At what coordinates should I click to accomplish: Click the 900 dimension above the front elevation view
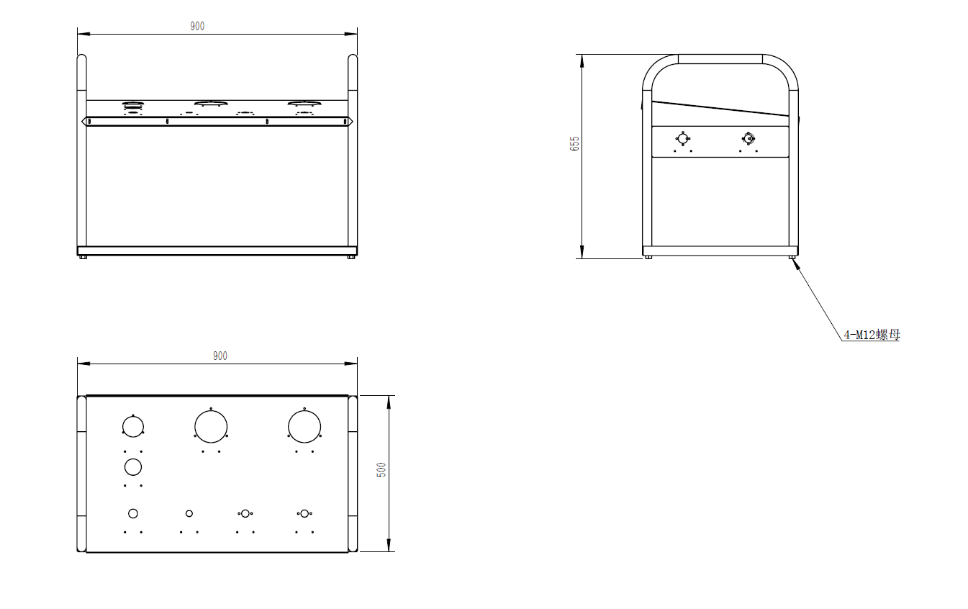click(197, 26)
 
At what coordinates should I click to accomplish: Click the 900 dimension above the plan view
click(220, 356)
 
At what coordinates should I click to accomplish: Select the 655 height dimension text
click(574, 143)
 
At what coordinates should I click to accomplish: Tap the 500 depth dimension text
click(382, 469)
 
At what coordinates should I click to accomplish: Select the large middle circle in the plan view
click(211, 426)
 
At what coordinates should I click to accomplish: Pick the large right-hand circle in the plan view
click(304, 426)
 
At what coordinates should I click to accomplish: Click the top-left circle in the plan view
click(132, 427)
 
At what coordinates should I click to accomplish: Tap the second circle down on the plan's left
click(132, 467)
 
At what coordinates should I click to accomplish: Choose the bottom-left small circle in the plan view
click(132, 513)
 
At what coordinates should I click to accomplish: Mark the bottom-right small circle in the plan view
click(304, 513)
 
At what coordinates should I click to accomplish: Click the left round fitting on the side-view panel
click(682, 139)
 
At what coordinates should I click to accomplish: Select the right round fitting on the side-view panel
click(748, 139)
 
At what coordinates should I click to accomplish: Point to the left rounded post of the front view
click(82, 151)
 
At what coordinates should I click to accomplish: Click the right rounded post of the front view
click(353, 151)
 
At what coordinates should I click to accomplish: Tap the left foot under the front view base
click(84, 258)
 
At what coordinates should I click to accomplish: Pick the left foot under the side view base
click(648, 257)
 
